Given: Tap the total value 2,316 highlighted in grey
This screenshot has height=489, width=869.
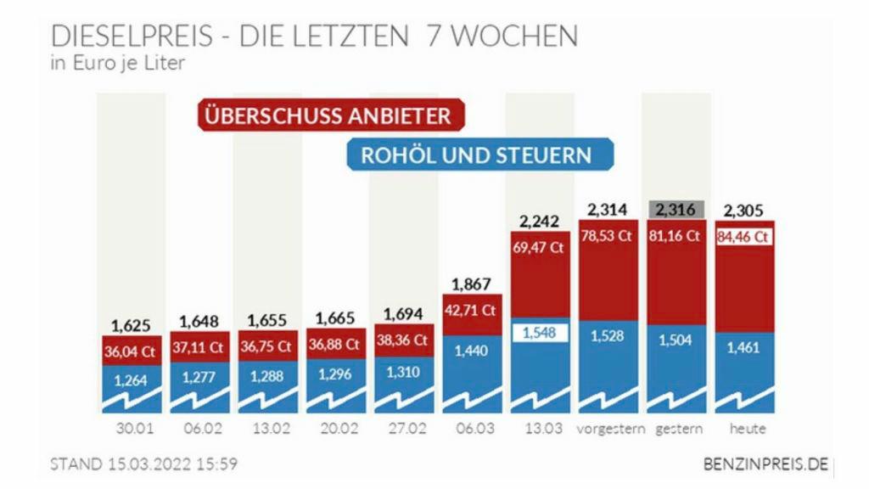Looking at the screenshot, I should pyautogui.click(x=676, y=209).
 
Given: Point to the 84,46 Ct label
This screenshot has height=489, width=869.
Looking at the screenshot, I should pyautogui.click(x=743, y=237).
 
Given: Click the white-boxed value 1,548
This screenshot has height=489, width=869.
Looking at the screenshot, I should pyautogui.click(x=540, y=333).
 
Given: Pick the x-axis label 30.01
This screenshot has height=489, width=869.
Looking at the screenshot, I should pyautogui.click(x=132, y=429).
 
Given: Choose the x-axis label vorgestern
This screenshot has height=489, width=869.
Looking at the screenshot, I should pyautogui.click(x=608, y=429).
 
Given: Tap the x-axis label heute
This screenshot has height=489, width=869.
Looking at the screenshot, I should pyautogui.click(x=743, y=429).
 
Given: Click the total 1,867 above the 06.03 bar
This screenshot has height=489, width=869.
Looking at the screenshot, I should pyautogui.click(x=472, y=284).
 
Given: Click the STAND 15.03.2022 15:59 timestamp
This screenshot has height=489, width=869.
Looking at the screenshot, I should pyautogui.click(x=144, y=464).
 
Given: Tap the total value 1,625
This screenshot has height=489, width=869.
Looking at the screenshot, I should pyautogui.click(x=132, y=325).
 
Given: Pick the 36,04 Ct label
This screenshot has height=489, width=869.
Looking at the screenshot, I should pyautogui.click(x=132, y=351).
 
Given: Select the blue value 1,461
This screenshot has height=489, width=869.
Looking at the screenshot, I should pyautogui.click(x=743, y=348).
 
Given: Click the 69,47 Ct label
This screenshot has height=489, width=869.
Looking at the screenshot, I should pyautogui.click(x=540, y=249).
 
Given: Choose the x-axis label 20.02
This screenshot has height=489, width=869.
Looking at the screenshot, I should pyautogui.click(x=336, y=429).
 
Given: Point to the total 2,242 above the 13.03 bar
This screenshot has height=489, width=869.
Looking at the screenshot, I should pyautogui.click(x=540, y=222).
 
